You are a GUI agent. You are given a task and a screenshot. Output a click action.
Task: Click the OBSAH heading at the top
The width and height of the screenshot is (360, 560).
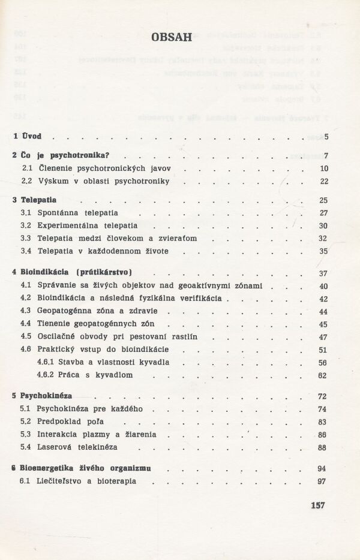click(x=172, y=37)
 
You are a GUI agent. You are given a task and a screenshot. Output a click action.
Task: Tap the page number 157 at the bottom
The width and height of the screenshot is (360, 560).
click(x=317, y=505)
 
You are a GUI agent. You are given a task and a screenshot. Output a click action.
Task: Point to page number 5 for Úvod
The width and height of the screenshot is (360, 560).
click(x=326, y=137)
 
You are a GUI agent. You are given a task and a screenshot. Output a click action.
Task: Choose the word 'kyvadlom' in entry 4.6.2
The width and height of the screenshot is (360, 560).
click(x=113, y=375)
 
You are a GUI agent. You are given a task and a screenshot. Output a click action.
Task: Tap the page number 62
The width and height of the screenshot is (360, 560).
click(x=323, y=375)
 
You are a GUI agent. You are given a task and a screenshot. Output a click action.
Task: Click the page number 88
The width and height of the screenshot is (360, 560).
click(x=323, y=447)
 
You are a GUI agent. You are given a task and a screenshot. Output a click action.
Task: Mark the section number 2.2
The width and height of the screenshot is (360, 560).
click(x=26, y=180)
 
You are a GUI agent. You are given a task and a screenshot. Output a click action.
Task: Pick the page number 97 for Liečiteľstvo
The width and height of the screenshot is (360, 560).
click(x=323, y=481)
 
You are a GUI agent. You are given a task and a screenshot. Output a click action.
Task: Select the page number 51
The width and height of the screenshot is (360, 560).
click(x=323, y=350)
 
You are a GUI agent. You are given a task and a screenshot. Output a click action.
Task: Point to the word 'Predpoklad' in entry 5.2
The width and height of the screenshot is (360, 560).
click(x=58, y=421)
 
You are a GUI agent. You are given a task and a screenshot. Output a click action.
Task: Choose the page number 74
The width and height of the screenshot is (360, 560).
click(x=323, y=409)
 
